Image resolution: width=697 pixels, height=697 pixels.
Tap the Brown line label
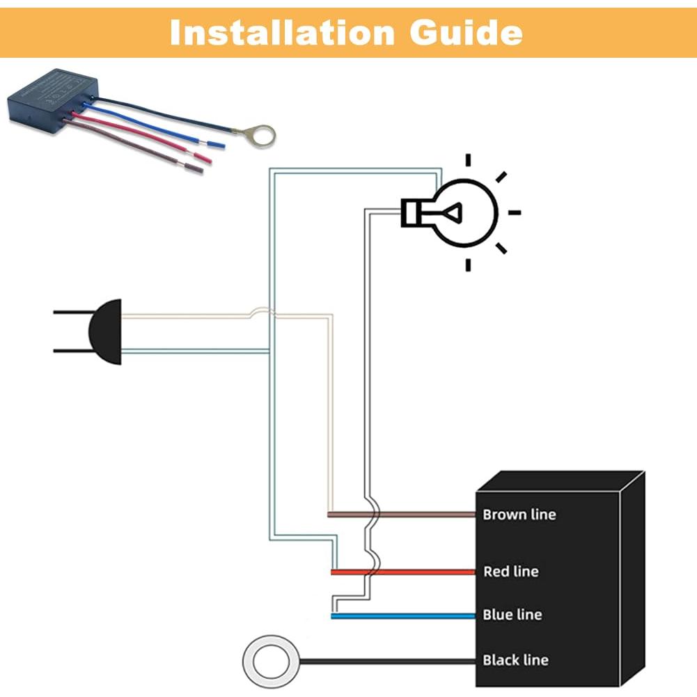click(519, 515)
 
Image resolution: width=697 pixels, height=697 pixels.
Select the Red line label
click(510, 572)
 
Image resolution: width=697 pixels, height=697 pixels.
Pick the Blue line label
click(512, 615)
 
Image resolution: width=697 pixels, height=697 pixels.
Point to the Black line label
click(515, 660)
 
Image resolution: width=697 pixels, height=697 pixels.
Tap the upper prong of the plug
click(70, 312)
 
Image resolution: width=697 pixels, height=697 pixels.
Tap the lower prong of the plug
click(70, 350)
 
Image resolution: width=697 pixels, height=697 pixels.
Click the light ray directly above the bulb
click(469, 160)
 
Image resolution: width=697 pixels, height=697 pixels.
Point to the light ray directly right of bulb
click(515, 212)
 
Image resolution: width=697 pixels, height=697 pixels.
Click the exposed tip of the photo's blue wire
click(216, 144)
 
